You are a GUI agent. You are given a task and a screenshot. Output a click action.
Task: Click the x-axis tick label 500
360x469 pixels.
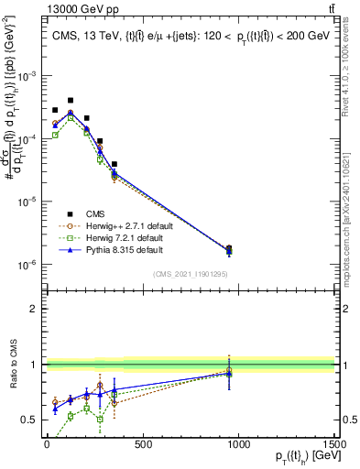coord(143,444)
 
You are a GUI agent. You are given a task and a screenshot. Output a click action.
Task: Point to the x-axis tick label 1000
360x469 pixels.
coord(239,444)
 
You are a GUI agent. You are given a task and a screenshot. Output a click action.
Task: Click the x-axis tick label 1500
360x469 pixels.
coord(335,444)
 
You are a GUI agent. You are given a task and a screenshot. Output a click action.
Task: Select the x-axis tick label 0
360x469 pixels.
coord(47,444)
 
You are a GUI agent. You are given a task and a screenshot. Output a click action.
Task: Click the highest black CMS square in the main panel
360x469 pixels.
coord(71,100)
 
